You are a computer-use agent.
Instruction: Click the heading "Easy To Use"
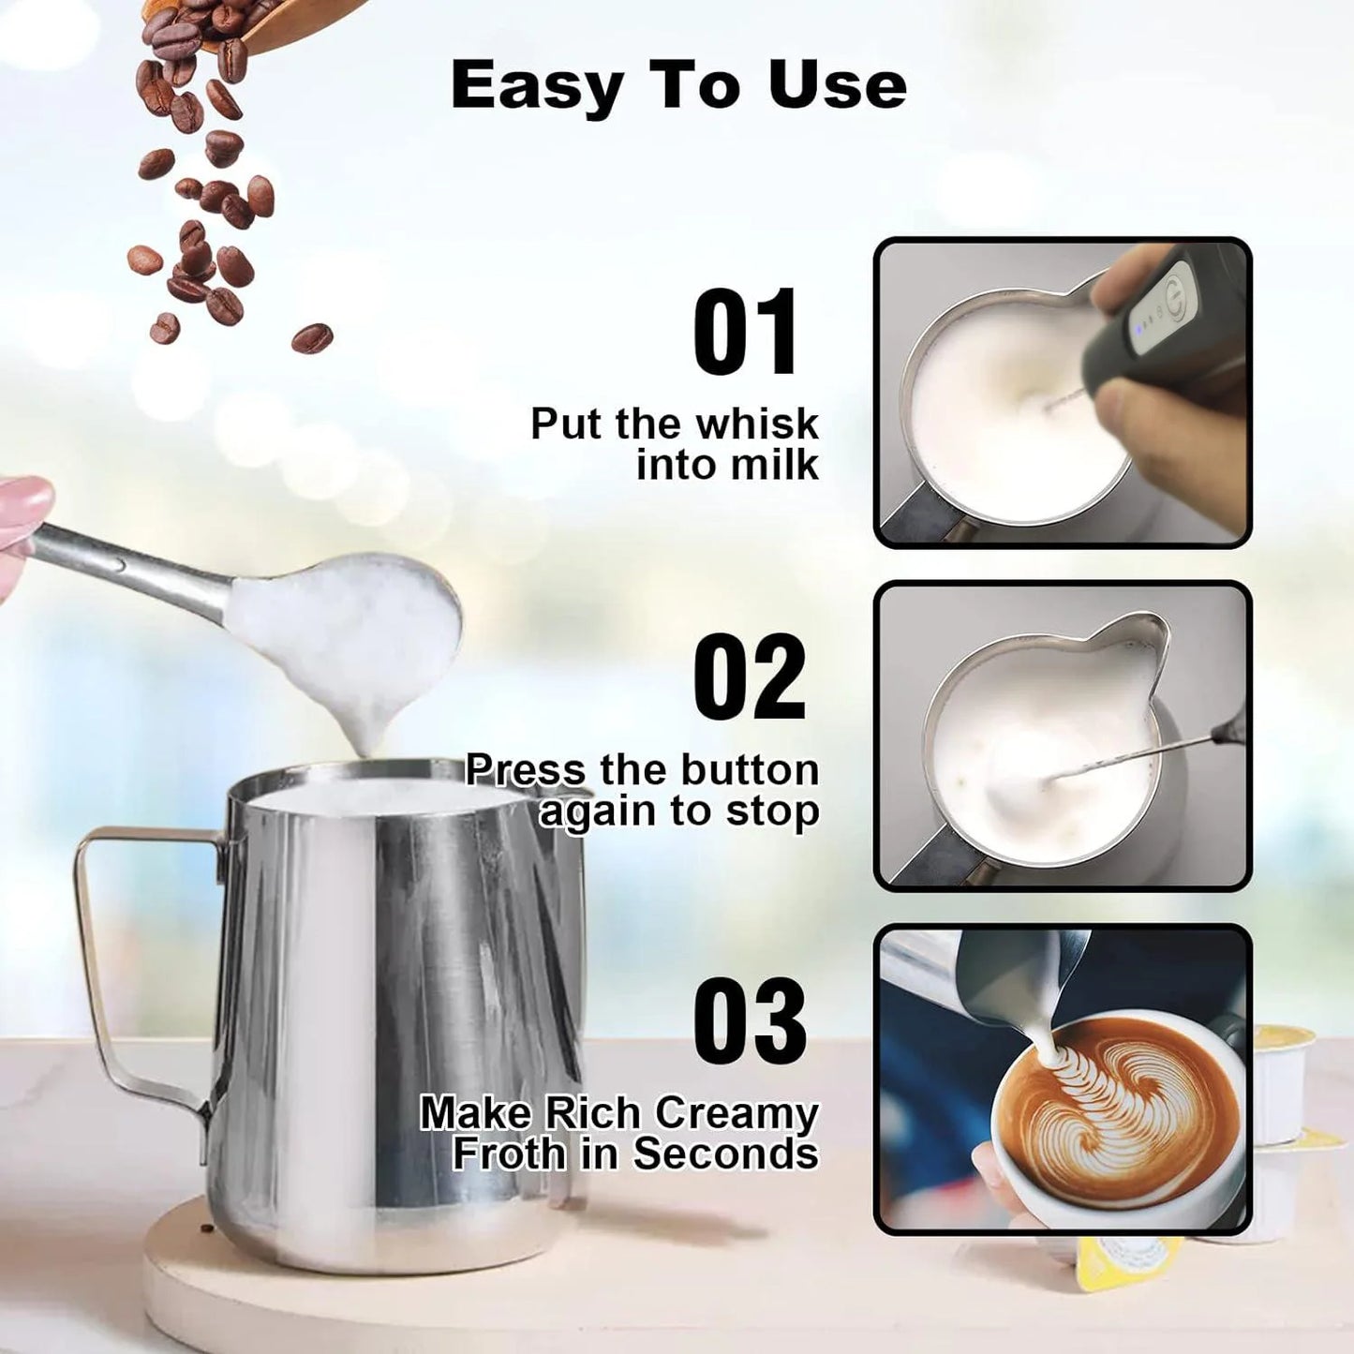pyautogui.click(x=678, y=86)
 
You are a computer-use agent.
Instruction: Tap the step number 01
pyautogui.click(x=746, y=334)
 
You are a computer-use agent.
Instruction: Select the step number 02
pyautogui.click(x=749, y=677)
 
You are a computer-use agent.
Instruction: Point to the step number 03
pyautogui.click(x=750, y=1021)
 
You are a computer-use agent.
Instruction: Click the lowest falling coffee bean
pyautogui.click(x=311, y=337)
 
